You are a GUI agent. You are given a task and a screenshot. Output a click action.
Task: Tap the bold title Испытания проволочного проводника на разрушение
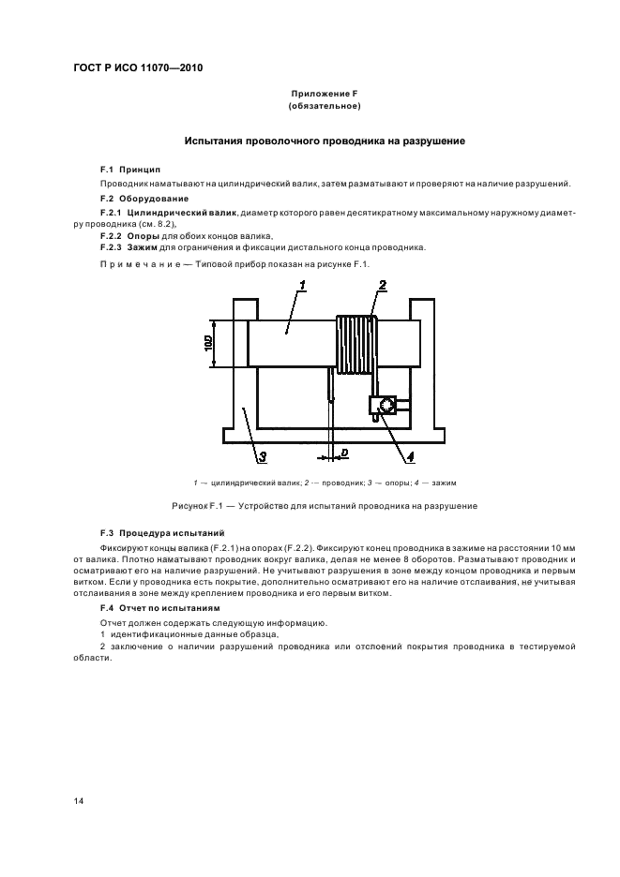click(x=325, y=141)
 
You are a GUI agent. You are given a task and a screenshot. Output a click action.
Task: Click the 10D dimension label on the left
click(x=208, y=343)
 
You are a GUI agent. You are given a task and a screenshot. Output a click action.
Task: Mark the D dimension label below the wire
click(x=344, y=453)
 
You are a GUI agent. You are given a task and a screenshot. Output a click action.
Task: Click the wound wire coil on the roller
click(x=355, y=345)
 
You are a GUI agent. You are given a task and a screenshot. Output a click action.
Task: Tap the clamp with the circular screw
click(x=383, y=405)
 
